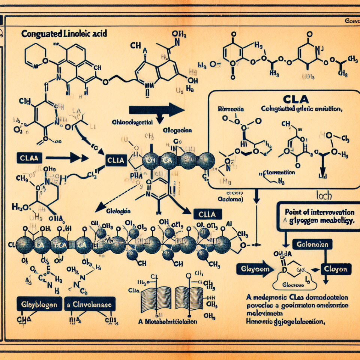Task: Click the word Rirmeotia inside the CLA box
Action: pyautogui.click(x=230, y=109)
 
